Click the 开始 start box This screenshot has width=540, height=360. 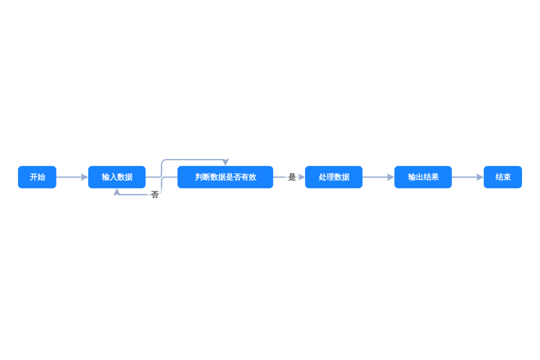coord(37,177)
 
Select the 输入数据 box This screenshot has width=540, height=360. coord(116,177)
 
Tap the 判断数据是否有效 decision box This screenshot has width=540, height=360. coord(225,177)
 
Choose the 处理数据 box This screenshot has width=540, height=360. coord(333,177)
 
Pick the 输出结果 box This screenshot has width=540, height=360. coord(423,177)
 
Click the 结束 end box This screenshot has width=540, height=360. coord(503,177)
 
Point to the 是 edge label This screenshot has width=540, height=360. coord(292,177)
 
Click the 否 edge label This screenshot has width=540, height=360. coord(154,195)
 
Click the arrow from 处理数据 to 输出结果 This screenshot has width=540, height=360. coord(378,177)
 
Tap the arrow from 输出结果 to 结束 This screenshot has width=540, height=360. coord(467,177)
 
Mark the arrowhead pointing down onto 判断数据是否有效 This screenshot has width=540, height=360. coord(225,162)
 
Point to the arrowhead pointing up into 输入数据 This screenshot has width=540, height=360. coord(116,192)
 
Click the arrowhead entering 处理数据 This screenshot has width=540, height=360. coord(301,177)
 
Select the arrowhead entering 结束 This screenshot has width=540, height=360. coord(480,177)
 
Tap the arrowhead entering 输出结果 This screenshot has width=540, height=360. coord(391,177)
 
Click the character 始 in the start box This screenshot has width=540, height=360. coord(41,177)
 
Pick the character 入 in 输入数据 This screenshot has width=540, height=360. coord(113,177)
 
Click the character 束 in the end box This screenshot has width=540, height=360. coord(507,177)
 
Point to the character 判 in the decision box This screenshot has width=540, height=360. coord(198,177)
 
